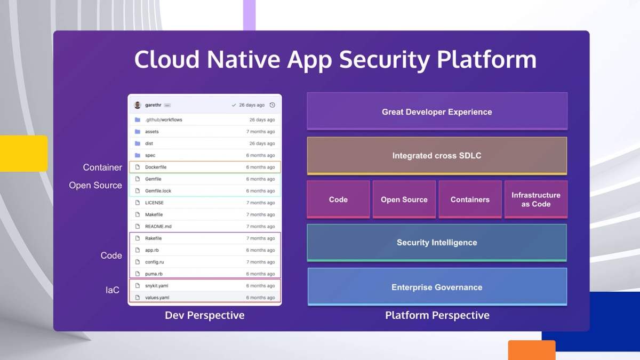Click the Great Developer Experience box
point(437,111)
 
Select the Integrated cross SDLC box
point(437,156)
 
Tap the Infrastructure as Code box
point(535,199)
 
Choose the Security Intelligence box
point(437,243)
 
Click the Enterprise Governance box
point(437,287)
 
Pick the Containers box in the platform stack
point(470,199)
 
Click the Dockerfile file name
point(156,167)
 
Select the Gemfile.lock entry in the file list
point(158,191)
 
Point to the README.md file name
point(158,227)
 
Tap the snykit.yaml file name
point(157,286)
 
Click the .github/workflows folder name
point(164,120)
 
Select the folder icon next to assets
point(137,132)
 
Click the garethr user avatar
point(138,105)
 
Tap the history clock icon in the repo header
point(272,105)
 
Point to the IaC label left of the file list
point(112,290)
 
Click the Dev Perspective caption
point(204,315)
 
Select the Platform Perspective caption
point(437,315)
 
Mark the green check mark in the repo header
point(234,105)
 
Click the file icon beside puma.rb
point(137,274)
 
